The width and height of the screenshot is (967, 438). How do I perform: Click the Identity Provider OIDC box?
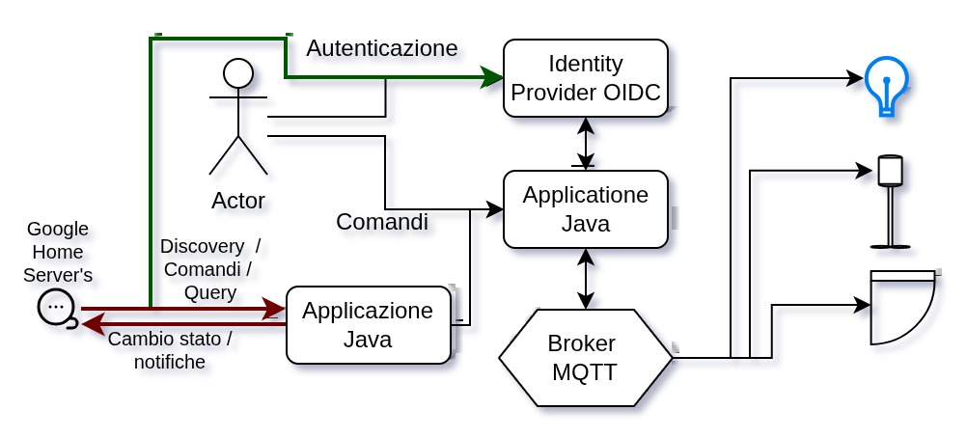pos(585,78)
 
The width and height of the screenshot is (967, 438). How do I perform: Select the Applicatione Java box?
pos(585,209)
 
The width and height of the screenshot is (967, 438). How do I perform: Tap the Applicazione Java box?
pos(368,325)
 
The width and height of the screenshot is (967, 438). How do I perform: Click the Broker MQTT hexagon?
pos(585,357)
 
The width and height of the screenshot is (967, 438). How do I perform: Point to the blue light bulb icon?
pos(886,85)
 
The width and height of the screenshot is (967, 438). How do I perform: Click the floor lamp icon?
pos(889,202)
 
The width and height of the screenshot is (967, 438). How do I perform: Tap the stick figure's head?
pos(237,73)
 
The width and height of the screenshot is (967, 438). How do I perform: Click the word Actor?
pos(237,201)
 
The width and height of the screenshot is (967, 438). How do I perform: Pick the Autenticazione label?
pos(381,48)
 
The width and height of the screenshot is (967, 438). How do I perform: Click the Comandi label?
pos(381,222)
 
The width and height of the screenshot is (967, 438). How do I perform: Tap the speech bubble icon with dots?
pos(56,308)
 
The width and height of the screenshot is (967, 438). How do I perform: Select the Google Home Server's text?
pos(58,252)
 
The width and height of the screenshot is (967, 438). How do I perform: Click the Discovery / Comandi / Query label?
pos(210,269)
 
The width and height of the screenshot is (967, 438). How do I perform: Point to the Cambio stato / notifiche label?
pos(170,350)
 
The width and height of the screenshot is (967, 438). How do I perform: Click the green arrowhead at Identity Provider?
pos(493,77)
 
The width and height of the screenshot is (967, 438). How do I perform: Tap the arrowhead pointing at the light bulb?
pos(854,77)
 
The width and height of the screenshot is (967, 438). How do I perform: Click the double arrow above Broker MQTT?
pos(585,279)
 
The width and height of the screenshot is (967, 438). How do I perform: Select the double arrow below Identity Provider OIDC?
pos(585,144)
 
